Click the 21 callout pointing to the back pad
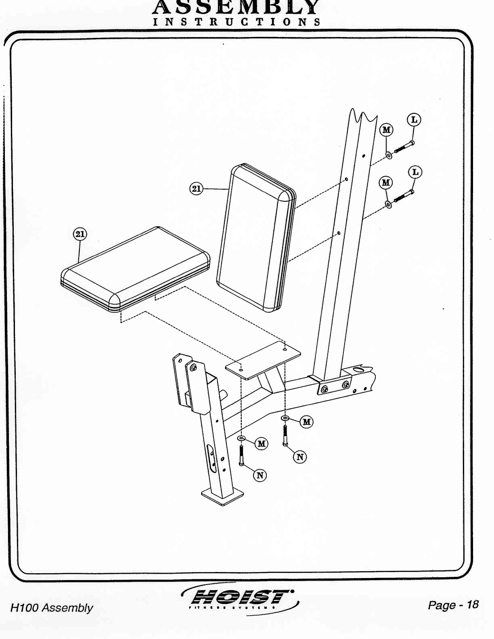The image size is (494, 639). coord(196,188)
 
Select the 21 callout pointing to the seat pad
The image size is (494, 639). coord(80,234)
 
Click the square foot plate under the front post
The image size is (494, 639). coord(222,496)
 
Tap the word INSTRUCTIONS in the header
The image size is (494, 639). coord(237,22)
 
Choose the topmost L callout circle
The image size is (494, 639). coord(414,120)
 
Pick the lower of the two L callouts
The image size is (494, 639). coord(415,172)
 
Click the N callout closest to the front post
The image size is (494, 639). coord(260,476)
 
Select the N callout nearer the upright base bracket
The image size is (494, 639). coord(300,457)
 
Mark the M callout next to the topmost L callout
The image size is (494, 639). coord(387,130)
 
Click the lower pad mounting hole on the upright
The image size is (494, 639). coord(339,233)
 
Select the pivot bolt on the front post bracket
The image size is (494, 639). coord(194,368)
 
